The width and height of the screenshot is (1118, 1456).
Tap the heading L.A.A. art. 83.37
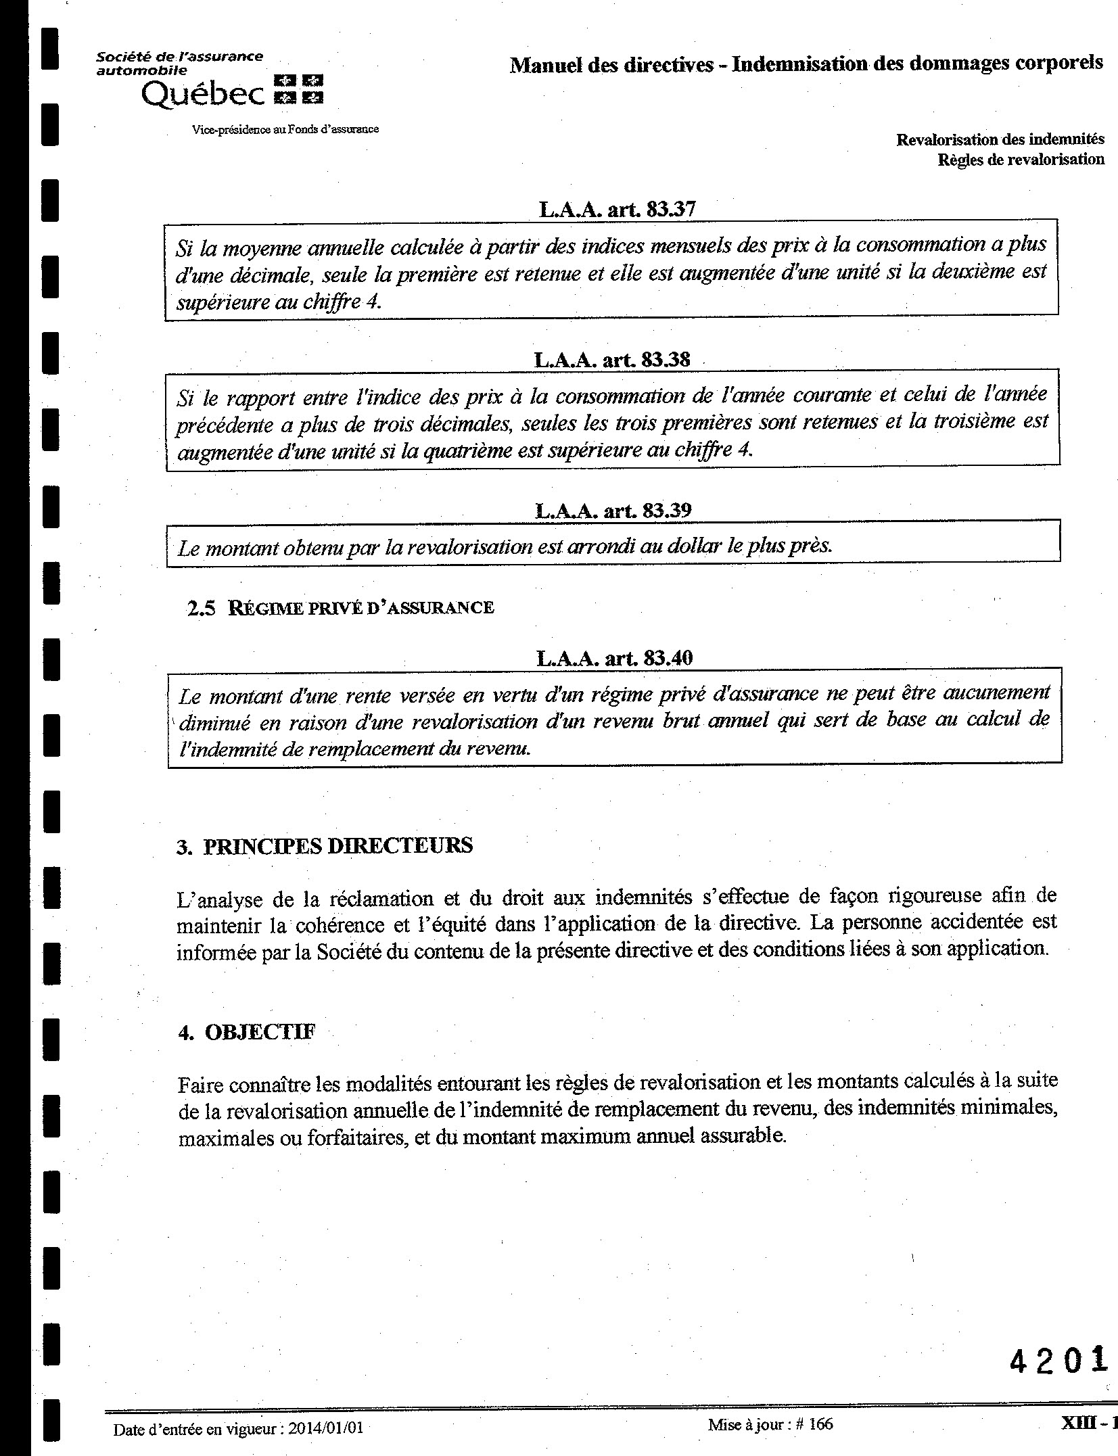point(616,209)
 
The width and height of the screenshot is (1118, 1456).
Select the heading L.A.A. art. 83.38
point(612,359)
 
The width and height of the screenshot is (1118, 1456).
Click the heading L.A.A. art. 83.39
point(613,510)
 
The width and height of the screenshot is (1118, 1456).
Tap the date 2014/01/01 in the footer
point(326,1428)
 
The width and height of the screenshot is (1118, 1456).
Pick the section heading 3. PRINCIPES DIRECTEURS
point(325,846)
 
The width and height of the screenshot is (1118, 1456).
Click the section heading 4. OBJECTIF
point(247,1032)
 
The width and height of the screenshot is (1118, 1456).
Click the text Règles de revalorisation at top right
point(1021,160)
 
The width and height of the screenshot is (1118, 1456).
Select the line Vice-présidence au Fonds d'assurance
point(285,129)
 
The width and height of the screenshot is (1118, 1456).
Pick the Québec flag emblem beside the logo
point(298,90)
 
